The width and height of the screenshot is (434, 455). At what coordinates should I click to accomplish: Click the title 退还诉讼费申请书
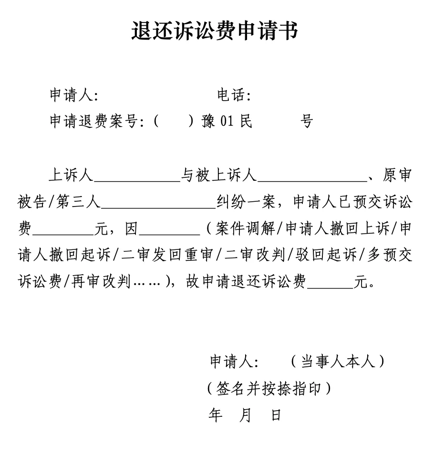215,31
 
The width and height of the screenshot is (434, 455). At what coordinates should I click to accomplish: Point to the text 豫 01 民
227,122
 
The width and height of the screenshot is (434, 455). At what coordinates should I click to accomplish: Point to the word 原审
397,176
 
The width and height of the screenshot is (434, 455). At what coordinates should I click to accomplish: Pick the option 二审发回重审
167,256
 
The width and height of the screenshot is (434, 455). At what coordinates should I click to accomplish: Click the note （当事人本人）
338,362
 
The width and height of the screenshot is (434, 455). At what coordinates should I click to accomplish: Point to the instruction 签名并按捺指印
269,389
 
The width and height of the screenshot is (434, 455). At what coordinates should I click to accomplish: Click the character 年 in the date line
216,415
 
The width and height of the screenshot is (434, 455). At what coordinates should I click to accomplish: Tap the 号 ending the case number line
306,122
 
